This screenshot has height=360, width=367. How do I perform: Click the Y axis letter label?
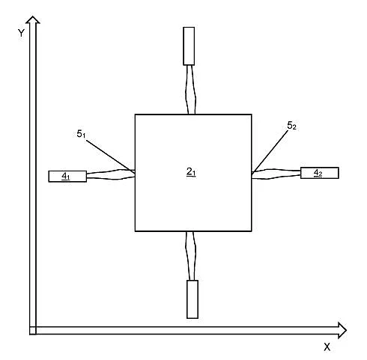[21, 33]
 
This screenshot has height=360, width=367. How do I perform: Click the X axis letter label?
[327, 347]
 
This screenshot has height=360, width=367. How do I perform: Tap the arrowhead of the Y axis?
[33, 19]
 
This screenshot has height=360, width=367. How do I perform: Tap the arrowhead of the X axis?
[342, 330]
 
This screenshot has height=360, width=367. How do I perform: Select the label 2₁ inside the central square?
[191, 172]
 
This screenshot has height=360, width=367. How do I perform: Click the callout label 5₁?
[81, 134]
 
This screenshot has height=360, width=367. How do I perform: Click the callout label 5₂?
[291, 126]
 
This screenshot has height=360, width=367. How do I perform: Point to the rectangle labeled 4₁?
[67, 177]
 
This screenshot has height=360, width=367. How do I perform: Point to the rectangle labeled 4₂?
[320, 173]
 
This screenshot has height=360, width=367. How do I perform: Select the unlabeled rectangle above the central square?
[189, 46]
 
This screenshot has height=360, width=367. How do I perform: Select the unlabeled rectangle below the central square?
[192, 299]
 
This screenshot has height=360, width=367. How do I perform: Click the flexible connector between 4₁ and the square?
[111, 174]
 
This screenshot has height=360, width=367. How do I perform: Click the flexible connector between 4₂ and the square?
[276, 174]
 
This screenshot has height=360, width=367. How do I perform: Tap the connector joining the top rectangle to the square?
[191, 90]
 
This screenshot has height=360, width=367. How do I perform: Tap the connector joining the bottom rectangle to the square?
[191, 256]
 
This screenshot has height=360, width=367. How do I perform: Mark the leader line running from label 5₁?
[111, 156]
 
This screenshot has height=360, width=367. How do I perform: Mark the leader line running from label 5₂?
[270, 152]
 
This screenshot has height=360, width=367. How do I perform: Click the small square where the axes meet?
[33, 330]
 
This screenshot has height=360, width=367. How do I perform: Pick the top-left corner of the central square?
[135, 115]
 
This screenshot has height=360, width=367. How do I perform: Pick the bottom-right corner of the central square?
[252, 231]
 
